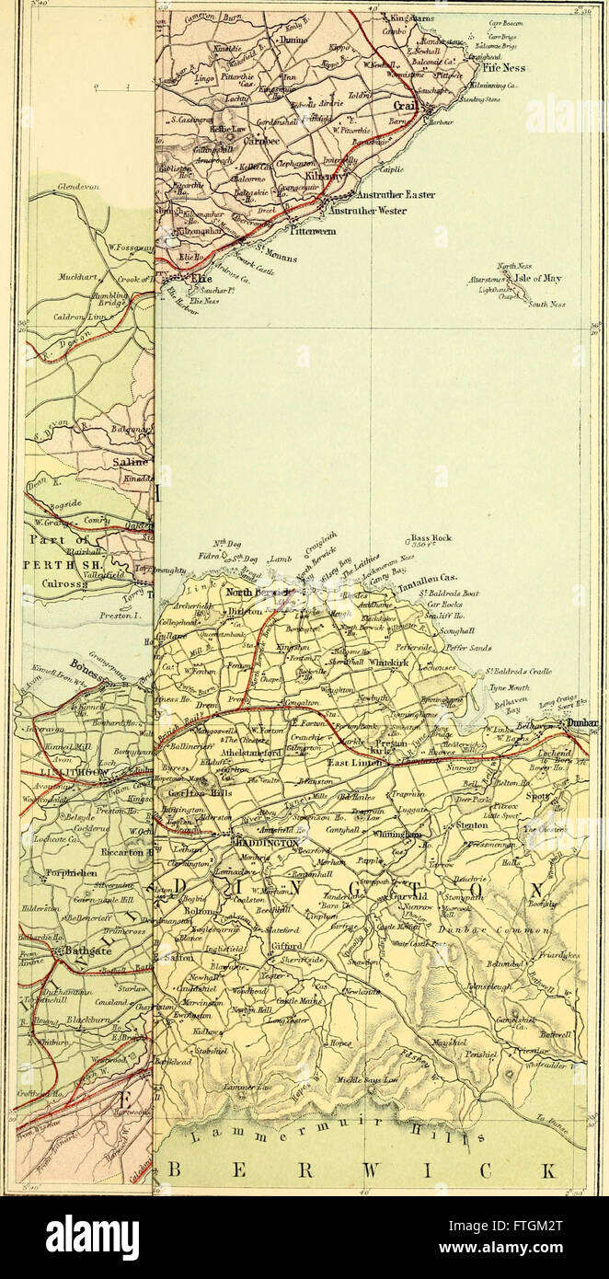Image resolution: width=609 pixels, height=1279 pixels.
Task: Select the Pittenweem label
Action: (x=318, y=231)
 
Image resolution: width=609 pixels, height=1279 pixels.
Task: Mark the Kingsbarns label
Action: (x=411, y=17)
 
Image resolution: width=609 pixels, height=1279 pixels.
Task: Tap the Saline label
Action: (x=129, y=464)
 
